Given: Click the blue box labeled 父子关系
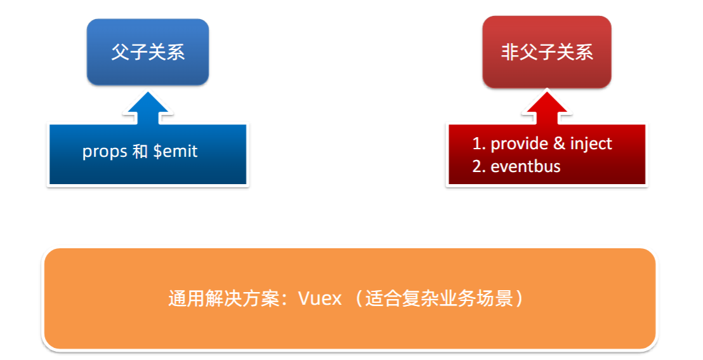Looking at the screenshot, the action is click(x=148, y=52).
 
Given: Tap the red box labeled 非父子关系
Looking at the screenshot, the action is click(x=547, y=52).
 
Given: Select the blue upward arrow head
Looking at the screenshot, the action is click(x=148, y=105).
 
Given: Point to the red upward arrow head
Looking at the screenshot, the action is click(x=548, y=105).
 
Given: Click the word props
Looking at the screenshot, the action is click(x=105, y=152).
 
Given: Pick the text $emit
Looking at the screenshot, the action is click(x=176, y=152).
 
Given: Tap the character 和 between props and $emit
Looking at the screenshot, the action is click(x=140, y=152).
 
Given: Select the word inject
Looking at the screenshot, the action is click(x=591, y=143).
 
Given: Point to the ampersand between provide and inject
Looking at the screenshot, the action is click(x=559, y=143).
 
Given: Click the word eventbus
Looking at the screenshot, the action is click(x=526, y=167).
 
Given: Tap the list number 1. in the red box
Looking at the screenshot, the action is click(x=479, y=143).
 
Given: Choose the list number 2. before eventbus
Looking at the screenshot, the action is click(x=479, y=167).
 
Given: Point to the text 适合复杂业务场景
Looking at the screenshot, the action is click(x=438, y=298).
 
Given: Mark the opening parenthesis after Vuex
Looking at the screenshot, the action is click(x=356, y=298).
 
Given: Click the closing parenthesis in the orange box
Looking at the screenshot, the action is click(x=520, y=298).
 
